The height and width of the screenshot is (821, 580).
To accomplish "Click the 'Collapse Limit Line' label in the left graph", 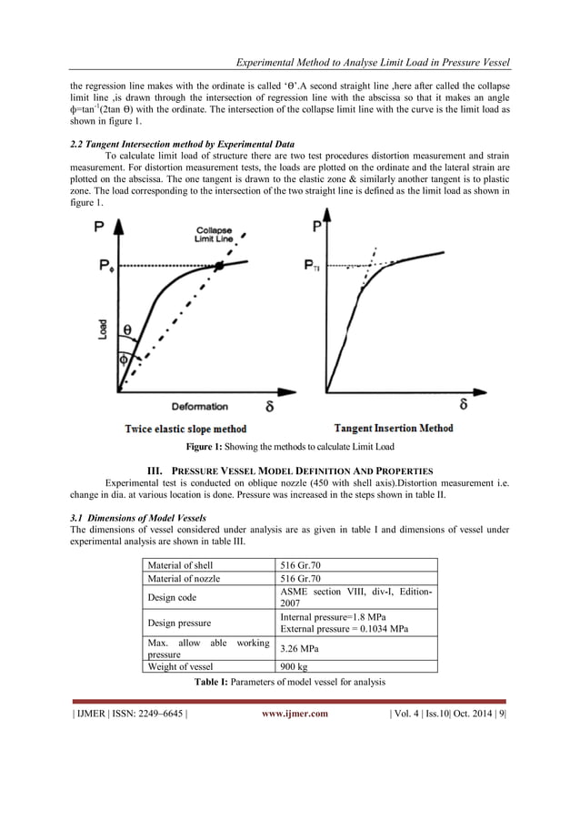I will (x=215, y=233).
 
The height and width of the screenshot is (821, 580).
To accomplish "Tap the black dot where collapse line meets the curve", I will (x=219, y=266).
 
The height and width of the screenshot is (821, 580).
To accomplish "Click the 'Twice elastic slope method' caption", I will (x=185, y=429).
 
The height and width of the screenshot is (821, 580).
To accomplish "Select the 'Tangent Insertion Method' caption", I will (x=394, y=428).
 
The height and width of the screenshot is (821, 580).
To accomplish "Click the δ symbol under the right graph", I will (x=464, y=403).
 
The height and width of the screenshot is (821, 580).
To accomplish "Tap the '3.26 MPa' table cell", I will (x=299, y=649).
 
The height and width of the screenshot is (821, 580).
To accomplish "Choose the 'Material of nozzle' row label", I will (x=184, y=578).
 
